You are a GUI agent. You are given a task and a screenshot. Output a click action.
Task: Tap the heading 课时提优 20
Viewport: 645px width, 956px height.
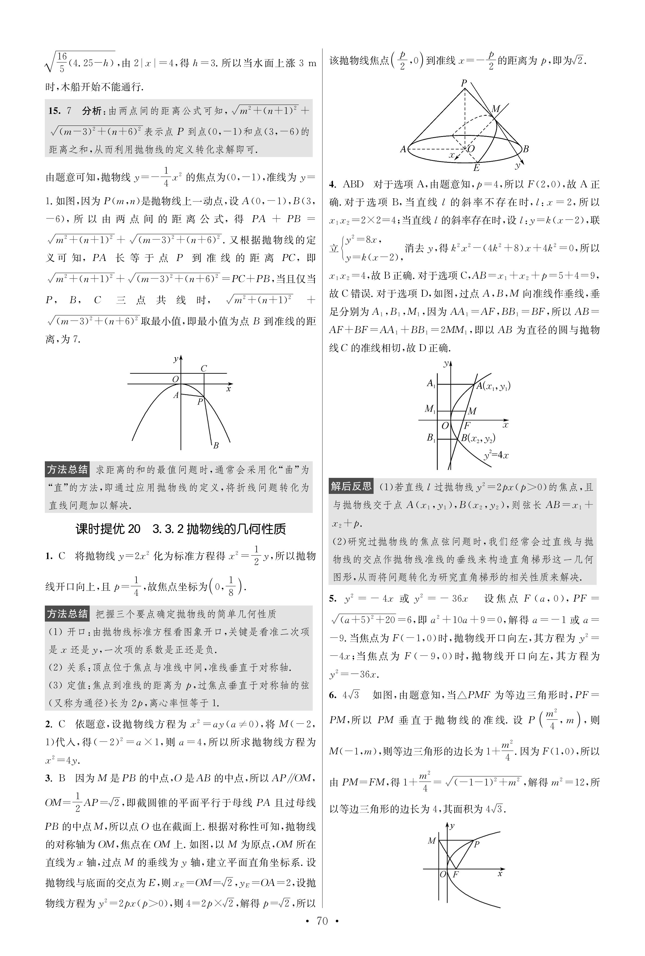tap(108, 529)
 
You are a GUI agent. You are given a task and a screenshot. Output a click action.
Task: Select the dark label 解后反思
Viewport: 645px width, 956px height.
tap(351, 487)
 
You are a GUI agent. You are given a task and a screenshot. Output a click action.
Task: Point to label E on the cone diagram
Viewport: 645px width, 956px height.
tap(476, 167)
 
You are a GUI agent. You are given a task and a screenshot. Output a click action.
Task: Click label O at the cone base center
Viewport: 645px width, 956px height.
tap(471, 149)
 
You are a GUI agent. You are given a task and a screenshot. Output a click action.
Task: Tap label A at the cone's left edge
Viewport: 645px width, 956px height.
tap(403, 149)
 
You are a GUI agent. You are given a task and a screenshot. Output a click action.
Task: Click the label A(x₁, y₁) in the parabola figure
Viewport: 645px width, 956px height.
tap(494, 386)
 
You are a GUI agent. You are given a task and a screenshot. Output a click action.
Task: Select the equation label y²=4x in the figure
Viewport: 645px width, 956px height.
tap(496, 455)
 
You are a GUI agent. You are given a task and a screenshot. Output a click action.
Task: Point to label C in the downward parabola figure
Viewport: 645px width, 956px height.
tap(203, 368)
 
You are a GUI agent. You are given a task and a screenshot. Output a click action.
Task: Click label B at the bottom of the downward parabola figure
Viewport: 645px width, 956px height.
tap(215, 445)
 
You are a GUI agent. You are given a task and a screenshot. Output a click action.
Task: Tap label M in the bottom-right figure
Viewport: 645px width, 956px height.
tap(431, 841)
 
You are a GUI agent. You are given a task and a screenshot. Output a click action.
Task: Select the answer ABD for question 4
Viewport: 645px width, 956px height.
tap(353, 184)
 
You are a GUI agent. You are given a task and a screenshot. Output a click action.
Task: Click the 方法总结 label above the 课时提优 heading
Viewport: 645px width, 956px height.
tap(67, 469)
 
